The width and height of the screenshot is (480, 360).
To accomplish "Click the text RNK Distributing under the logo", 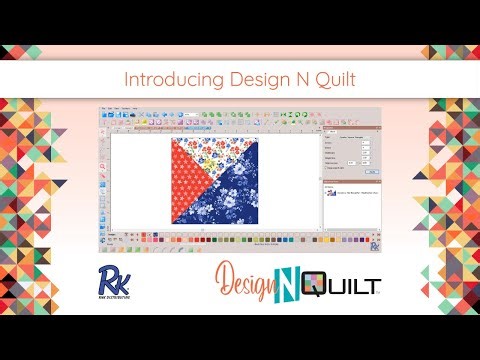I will [112, 297].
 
